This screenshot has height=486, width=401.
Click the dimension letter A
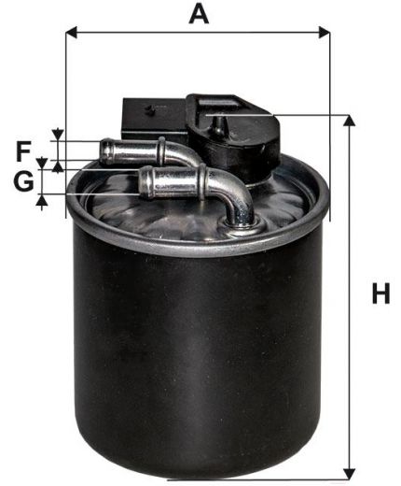pos(199,15)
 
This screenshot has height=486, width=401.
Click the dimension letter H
pos(380,293)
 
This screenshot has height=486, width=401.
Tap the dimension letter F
pos(23,151)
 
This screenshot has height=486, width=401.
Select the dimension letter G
pos(23,181)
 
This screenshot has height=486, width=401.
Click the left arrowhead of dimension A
pos(72,32)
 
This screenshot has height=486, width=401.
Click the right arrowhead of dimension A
pos(325,32)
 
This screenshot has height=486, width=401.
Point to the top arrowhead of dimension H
pos(350,121)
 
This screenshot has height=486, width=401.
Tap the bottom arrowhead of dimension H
pos(350,474)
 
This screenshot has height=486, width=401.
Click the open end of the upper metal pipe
pos(106,150)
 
